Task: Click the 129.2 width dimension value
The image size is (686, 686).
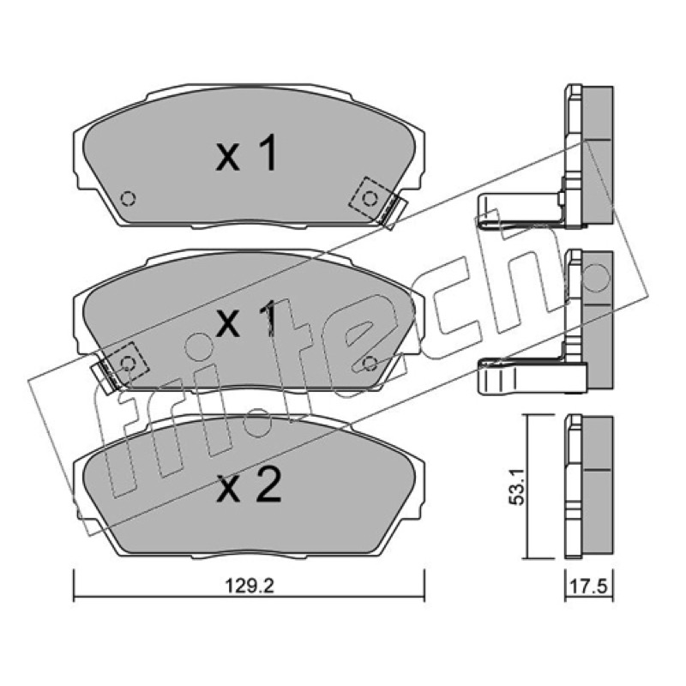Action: [x=249, y=586]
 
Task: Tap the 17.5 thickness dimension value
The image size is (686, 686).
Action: [x=588, y=587]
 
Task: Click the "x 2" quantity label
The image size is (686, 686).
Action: [x=249, y=484]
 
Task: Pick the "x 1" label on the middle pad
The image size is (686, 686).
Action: [x=247, y=318]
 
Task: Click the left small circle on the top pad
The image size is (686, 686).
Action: [x=128, y=199]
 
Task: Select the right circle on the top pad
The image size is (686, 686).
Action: [x=370, y=199]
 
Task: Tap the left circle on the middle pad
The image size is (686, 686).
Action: [x=128, y=364]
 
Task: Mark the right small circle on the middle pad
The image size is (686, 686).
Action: [x=370, y=363]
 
